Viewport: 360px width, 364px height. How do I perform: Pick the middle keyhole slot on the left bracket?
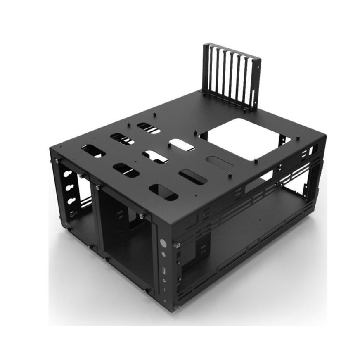pos(70,188)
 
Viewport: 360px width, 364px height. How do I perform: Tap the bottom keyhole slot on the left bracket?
pos(72,201)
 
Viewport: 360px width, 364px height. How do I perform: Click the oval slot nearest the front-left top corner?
pos(93,151)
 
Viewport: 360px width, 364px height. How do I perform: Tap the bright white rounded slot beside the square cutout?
pos(181,144)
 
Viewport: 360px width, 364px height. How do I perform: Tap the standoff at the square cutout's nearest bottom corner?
pos(256,159)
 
